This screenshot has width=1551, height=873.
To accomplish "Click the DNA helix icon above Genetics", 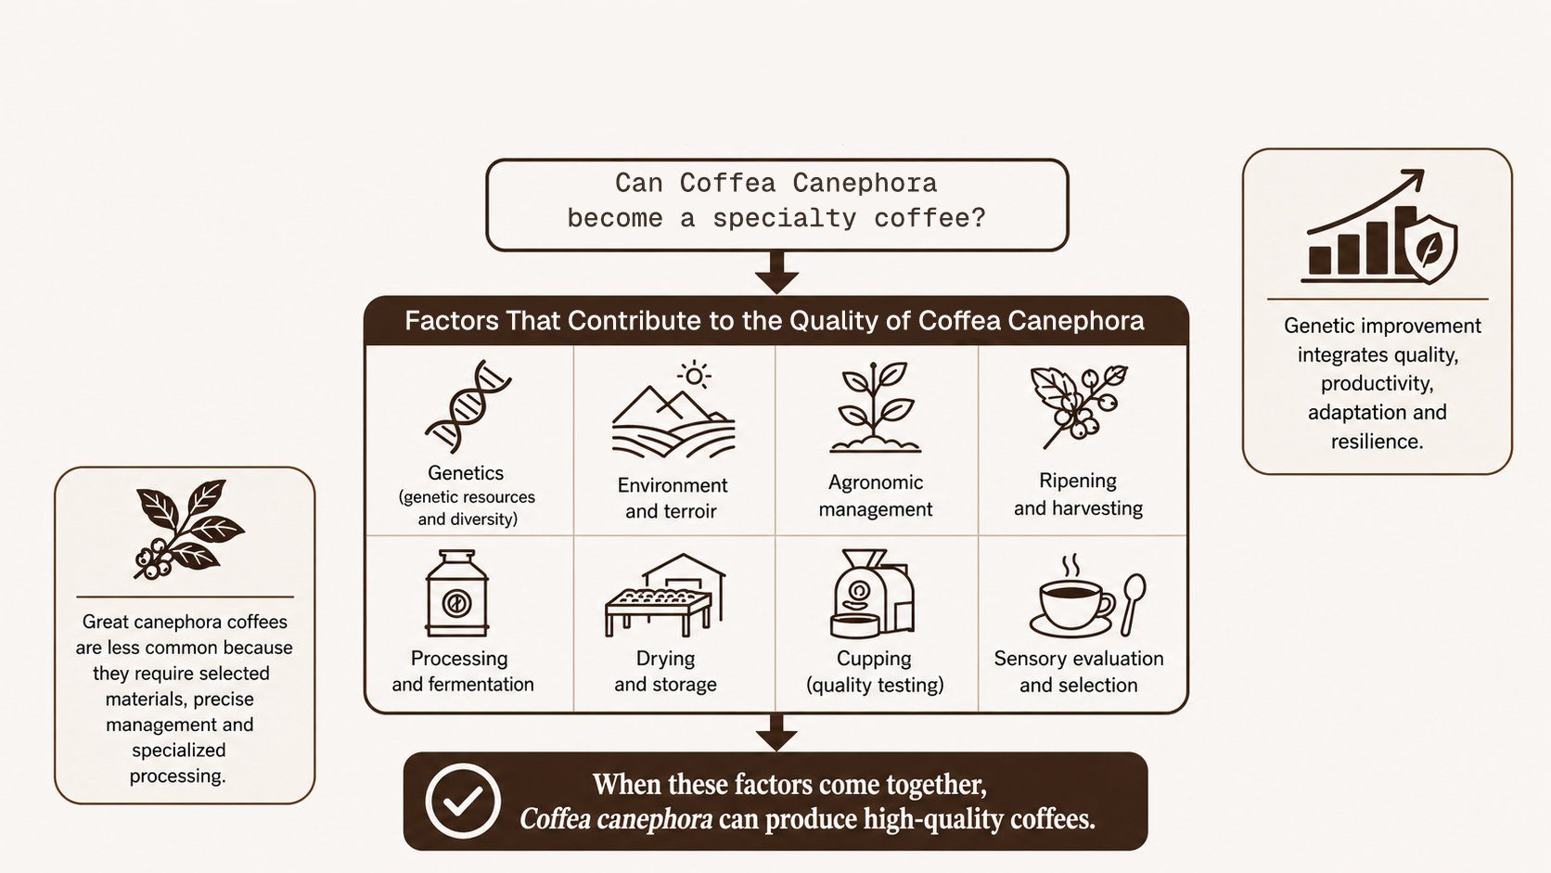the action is tap(468, 406).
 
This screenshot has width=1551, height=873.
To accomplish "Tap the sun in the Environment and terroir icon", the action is tap(695, 376).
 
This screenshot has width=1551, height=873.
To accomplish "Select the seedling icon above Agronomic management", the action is tap(875, 407).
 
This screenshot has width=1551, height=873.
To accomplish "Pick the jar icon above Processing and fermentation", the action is tap(457, 594).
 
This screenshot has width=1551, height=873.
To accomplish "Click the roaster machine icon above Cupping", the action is tap(872, 594).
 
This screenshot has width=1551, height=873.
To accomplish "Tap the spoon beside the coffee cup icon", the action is tap(1133, 604).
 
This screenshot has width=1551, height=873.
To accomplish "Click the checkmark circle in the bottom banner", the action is tap(463, 801).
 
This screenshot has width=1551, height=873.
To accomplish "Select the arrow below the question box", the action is tap(776, 272).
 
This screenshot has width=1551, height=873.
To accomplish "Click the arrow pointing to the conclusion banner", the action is tap(776, 733).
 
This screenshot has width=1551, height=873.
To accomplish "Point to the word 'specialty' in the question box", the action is tap(785, 219).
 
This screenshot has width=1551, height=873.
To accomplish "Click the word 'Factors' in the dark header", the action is tap(452, 321).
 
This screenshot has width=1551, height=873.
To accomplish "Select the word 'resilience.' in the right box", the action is tap(1378, 442).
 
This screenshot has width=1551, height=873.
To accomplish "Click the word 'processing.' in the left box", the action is tap(178, 777).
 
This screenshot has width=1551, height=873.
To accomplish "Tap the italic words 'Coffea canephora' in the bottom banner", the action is tap(616, 820).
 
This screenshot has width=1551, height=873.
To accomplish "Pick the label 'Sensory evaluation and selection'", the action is tap(1079, 672).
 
